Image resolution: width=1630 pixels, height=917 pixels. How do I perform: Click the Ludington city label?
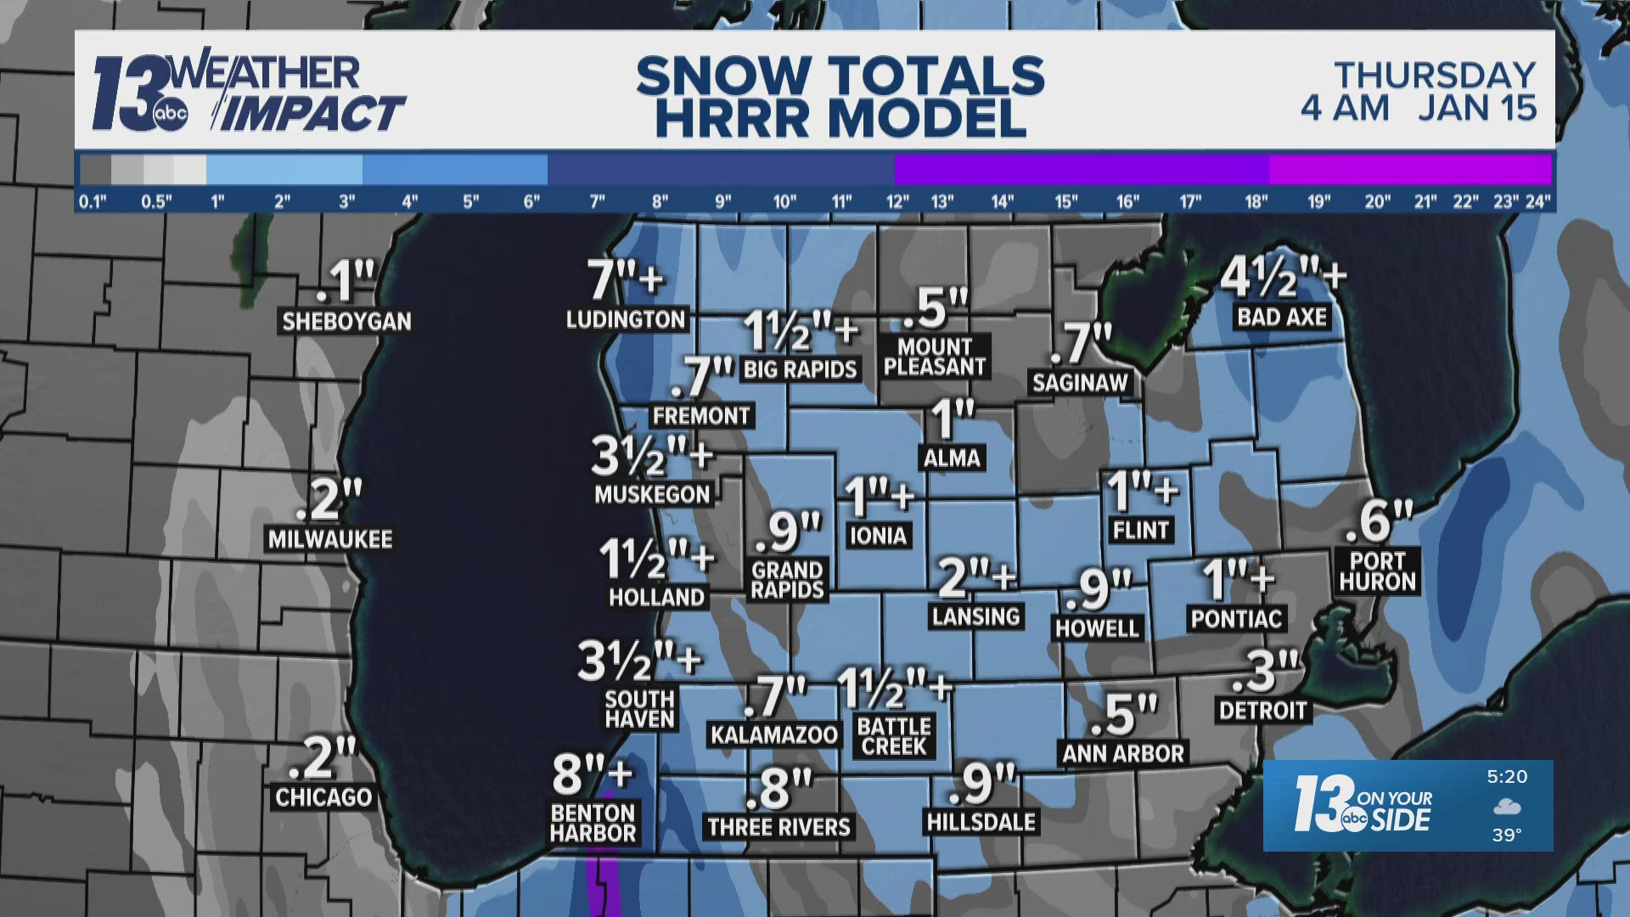point(626,320)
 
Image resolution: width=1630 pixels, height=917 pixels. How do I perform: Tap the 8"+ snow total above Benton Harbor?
point(593,773)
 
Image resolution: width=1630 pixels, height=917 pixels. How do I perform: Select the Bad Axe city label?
point(1282,318)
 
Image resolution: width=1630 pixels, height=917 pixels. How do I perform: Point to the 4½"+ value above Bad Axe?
point(1282,277)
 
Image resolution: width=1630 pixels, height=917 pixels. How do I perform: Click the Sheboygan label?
point(346,322)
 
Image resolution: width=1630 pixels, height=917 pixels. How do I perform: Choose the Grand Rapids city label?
point(787,581)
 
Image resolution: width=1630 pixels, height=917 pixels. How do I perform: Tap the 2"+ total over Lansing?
point(976,577)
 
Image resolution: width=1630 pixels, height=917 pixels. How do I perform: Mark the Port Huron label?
point(1377,571)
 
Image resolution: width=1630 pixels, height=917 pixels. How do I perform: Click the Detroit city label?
point(1262,711)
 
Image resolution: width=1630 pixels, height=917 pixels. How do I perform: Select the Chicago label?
point(323,797)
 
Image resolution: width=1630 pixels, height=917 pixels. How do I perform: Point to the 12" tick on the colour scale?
point(897,202)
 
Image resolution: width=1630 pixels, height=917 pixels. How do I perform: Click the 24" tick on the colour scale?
point(1537,202)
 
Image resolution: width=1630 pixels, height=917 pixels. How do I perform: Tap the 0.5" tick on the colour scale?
point(155,202)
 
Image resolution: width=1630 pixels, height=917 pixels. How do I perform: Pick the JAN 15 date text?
point(1477,108)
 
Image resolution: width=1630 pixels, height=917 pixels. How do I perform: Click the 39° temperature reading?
point(1506,835)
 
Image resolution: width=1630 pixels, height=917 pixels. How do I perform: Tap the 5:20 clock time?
point(1507,776)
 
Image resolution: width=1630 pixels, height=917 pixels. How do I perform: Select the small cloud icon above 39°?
point(1507,806)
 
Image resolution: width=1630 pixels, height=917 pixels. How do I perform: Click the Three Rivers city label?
point(778,827)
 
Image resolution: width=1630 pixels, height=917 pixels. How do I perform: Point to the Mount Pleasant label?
point(934,357)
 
